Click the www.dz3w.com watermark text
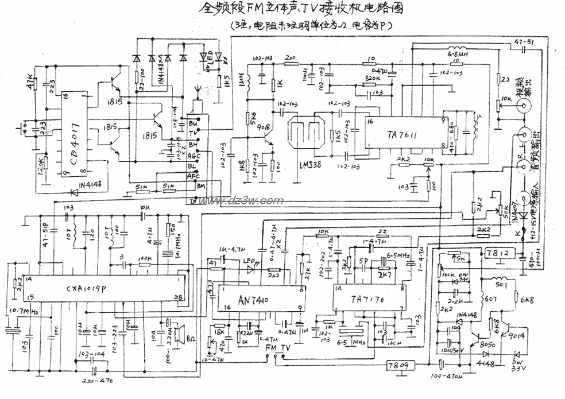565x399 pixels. [x=242, y=200]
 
